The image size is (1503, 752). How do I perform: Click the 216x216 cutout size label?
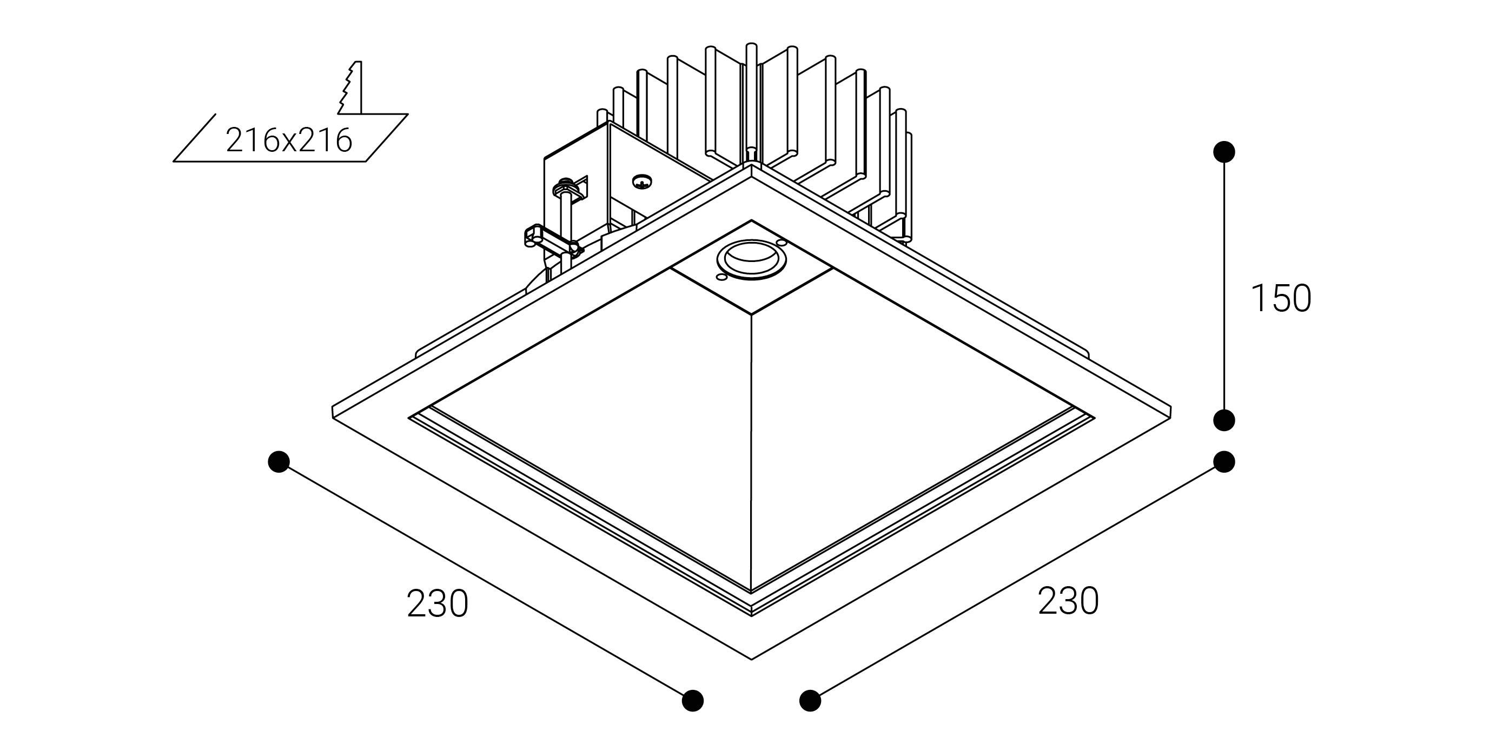[289, 140]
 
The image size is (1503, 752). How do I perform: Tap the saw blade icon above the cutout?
[350, 88]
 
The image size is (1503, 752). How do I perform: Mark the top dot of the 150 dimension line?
[1223, 152]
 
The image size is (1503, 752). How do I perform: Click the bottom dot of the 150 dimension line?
[1223, 420]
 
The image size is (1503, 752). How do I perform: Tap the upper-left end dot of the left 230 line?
[279, 462]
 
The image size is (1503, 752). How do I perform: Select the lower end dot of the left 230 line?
[693, 700]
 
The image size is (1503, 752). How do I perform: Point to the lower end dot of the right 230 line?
[810, 700]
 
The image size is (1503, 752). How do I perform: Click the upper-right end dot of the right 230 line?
[1223, 462]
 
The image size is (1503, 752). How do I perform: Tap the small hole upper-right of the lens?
[782, 242]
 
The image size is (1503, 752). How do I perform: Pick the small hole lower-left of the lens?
[721, 278]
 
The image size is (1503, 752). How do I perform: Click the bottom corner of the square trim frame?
[752, 659]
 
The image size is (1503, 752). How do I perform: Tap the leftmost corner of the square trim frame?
[333, 411]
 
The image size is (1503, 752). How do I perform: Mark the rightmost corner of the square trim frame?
[1170, 411]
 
